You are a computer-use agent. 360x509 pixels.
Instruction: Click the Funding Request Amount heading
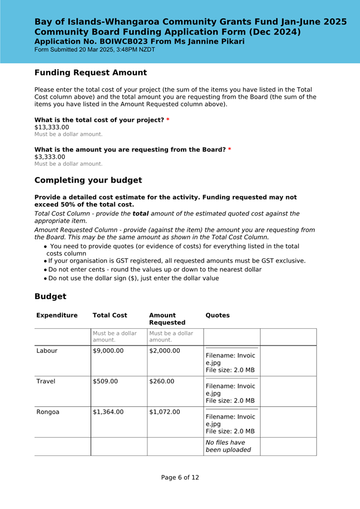[90, 73]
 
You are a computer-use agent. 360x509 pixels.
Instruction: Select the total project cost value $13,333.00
[52, 127]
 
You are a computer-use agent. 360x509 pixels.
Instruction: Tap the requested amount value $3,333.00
[50, 157]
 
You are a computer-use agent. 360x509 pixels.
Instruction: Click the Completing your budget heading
[88, 180]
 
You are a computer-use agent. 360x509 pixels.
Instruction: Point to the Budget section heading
[50, 296]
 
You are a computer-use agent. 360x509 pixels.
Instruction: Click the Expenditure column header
[57, 315]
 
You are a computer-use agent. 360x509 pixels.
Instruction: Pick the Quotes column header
[218, 315]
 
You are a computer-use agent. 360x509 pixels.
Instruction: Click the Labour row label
[47, 351]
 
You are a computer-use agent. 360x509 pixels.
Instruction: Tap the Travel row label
[46, 382]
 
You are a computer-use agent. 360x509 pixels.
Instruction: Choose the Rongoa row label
[48, 412]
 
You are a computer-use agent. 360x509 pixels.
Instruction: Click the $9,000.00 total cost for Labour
[108, 351]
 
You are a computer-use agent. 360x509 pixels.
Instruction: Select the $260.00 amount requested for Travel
[162, 382]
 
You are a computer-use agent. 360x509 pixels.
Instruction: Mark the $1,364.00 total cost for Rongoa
[108, 412]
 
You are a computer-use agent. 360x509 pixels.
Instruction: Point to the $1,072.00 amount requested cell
[165, 412]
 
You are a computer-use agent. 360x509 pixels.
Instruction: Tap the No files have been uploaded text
[228, 446]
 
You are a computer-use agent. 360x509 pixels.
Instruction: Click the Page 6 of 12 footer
[180, 478]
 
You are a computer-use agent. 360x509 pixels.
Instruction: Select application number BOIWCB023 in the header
[125, 41]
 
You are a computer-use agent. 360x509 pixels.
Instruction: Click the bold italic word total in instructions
[141, 214]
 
